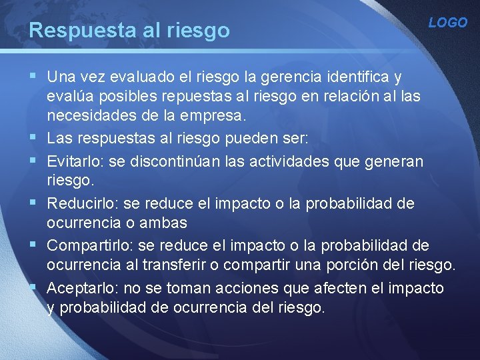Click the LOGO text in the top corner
(x=447, y=23)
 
